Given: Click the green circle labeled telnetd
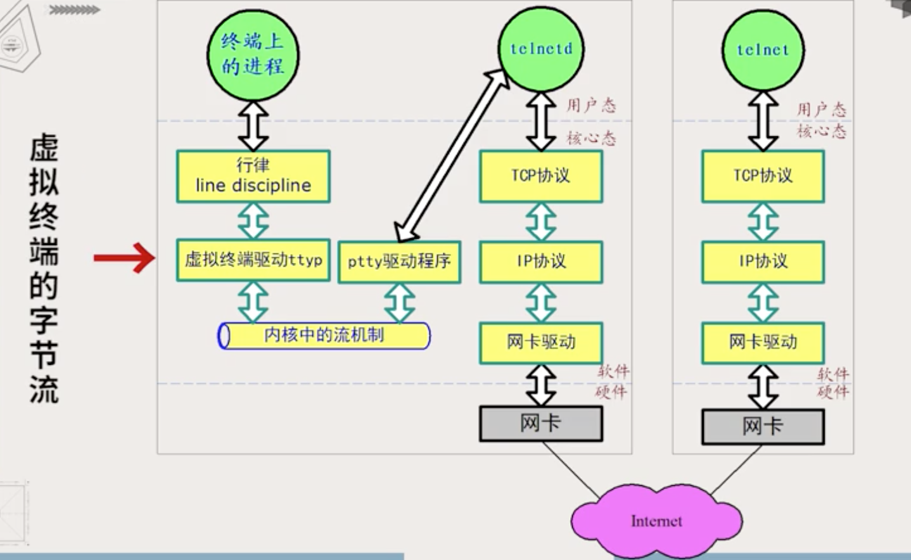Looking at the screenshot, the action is [x=541, y=49].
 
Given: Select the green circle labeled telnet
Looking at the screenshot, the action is [x=763, y=51].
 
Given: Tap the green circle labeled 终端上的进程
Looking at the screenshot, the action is [x=253, y=55].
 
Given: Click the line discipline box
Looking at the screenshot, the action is [x=253, y=177].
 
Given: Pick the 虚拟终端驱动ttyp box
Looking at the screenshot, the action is [x=253, y=260].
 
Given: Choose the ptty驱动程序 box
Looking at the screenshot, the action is [x=399, y=262].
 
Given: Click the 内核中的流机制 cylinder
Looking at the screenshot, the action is [x=324, y=336].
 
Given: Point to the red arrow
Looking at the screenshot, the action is [x=124, y=258].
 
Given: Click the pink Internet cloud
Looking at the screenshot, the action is [x=656, y=521].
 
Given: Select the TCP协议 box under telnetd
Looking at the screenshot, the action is [x=541, y=177].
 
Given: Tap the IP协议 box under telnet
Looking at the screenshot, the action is [x=763, y=262].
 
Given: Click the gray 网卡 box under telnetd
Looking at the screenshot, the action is [x=541, y=423].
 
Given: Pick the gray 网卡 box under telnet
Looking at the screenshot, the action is [x=763, y=426].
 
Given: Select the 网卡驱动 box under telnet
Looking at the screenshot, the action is [x=763, y=343].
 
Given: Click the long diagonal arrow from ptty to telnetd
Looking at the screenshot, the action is [x=452, y=156].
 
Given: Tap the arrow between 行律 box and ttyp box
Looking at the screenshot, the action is [x=253, y=221].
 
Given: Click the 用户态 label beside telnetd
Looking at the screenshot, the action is [x=592, y=105].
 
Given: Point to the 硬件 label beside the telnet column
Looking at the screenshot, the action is [x=833, y=392].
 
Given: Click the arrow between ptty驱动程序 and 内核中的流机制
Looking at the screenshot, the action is [x=399, y=303].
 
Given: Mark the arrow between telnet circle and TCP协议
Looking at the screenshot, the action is [x=763, y=121].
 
